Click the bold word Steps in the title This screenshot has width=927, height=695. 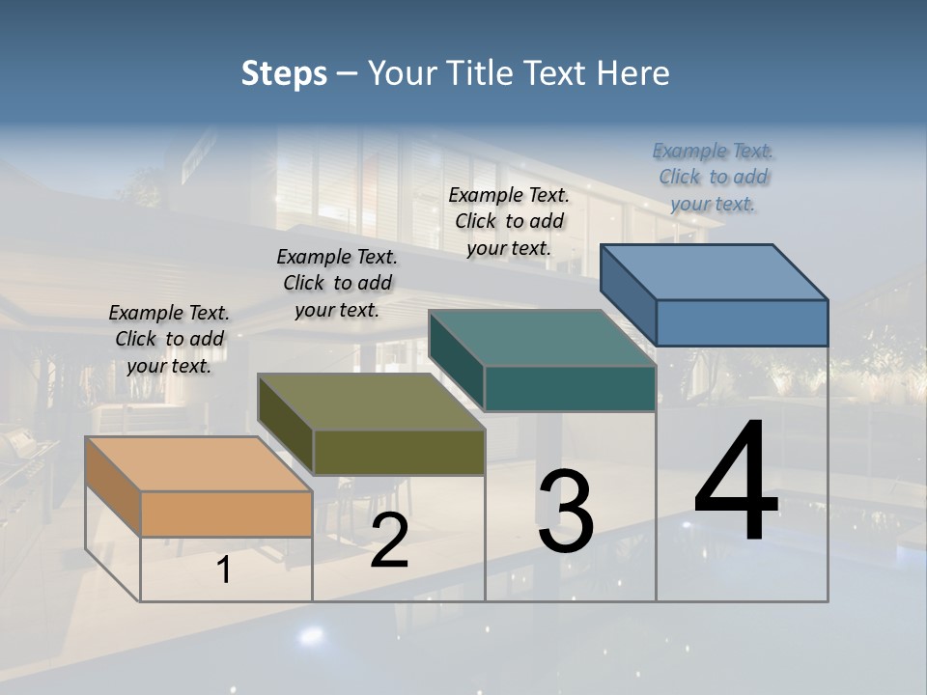(284, 73)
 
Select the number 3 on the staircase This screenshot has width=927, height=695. (565, 512)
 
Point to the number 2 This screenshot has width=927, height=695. (389, 541)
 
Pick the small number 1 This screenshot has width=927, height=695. (224, 570)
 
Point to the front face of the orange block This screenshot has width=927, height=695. (226, 514)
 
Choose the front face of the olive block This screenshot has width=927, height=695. (399, 452)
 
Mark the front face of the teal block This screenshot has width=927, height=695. (570, 388)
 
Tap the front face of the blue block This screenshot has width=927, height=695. (742, 322)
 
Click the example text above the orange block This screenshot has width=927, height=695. (169, 339)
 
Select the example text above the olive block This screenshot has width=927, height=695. (337, 283)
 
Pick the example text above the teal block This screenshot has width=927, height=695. (509, 221)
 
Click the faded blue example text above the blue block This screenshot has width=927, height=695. (714, 177)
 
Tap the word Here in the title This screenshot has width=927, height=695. (635, 73)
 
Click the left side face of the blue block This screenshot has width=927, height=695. (628, 294)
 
